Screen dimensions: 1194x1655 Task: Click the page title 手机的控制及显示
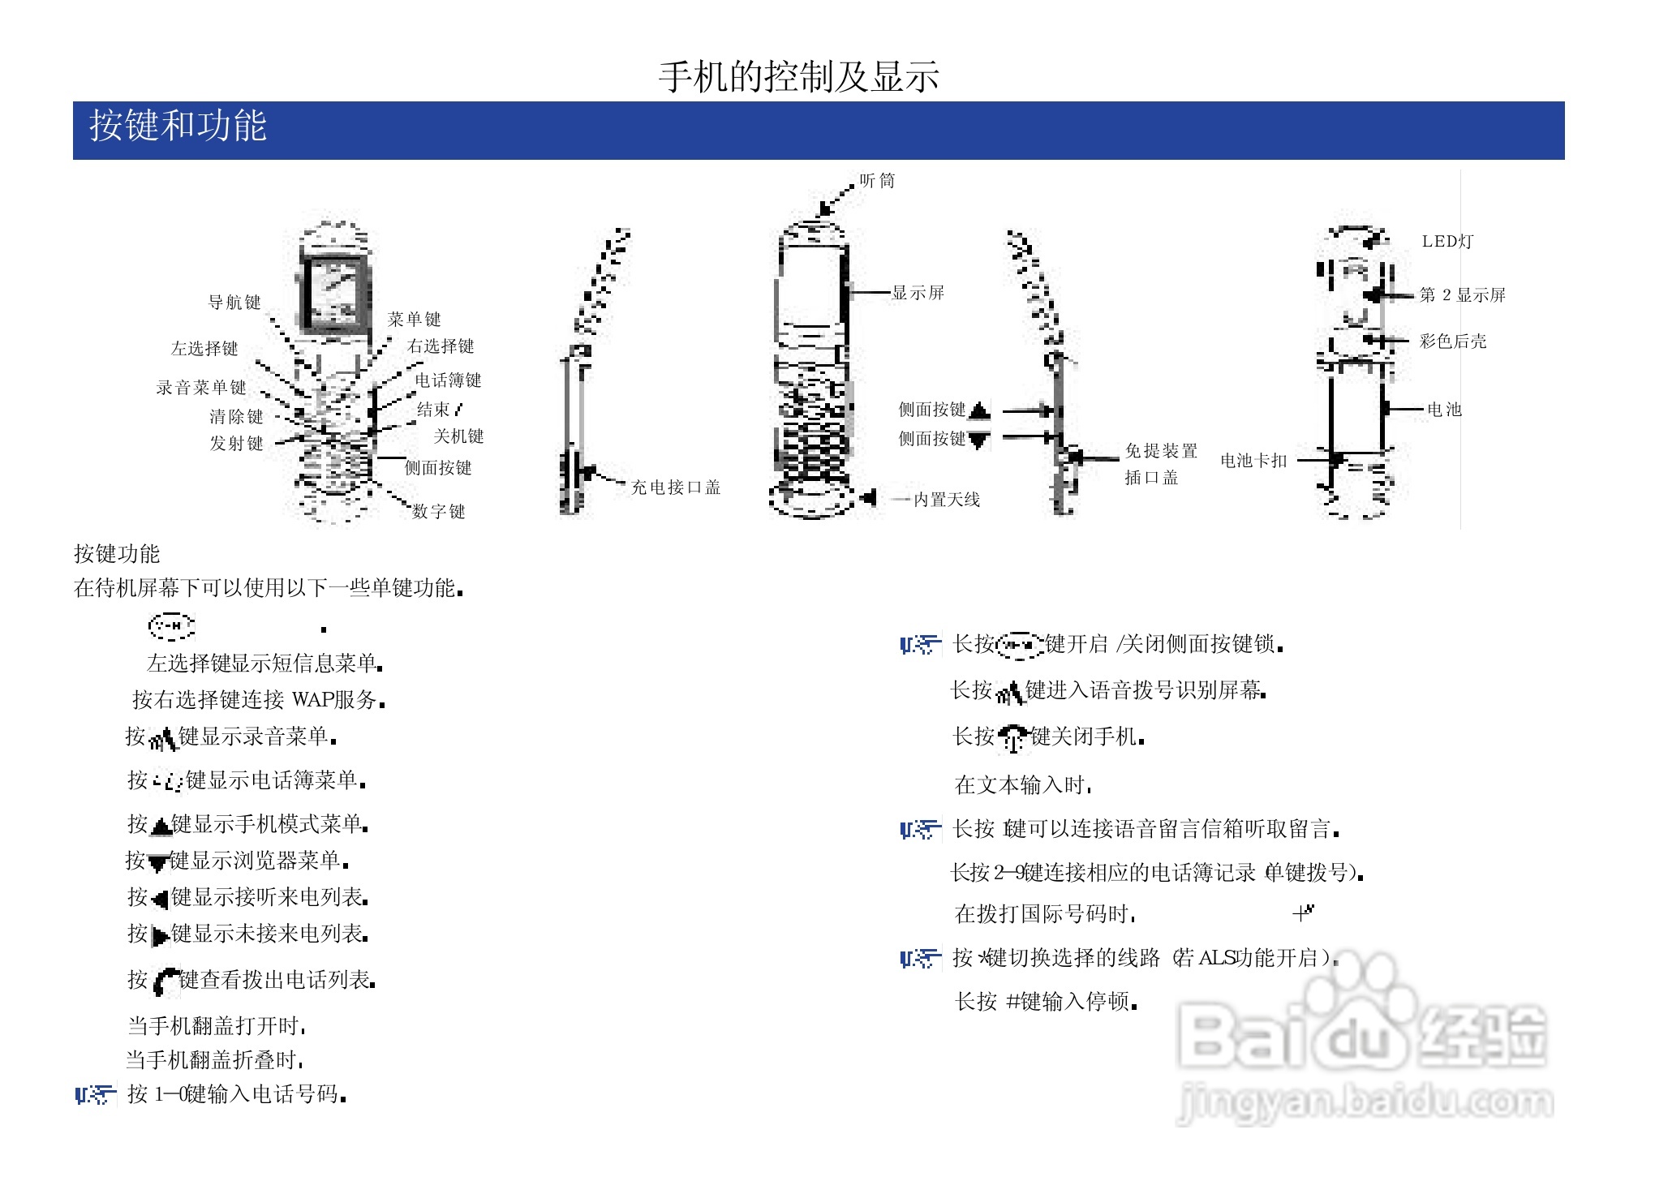798,77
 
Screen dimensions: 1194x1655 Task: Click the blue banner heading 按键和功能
178,127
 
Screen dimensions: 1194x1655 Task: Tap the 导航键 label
234,303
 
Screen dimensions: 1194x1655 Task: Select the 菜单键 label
414,319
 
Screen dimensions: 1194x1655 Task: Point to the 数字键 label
438,511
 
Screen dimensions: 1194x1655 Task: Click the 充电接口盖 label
675,487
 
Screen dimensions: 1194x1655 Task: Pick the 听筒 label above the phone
877,181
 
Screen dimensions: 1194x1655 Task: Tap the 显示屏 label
918,293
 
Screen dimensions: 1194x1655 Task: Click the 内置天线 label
946,500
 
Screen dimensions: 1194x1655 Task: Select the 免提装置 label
1161,451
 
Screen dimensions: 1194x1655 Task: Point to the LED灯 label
1447,241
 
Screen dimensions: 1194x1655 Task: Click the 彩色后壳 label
1452,341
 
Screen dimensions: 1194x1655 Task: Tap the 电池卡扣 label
1253,461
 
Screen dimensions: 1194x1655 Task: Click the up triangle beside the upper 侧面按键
979,410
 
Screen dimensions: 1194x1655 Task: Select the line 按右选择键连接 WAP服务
258,699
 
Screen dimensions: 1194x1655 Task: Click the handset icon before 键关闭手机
1012,738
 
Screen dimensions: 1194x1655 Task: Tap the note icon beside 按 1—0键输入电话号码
95,1095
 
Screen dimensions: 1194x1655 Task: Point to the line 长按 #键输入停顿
1045,1002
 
